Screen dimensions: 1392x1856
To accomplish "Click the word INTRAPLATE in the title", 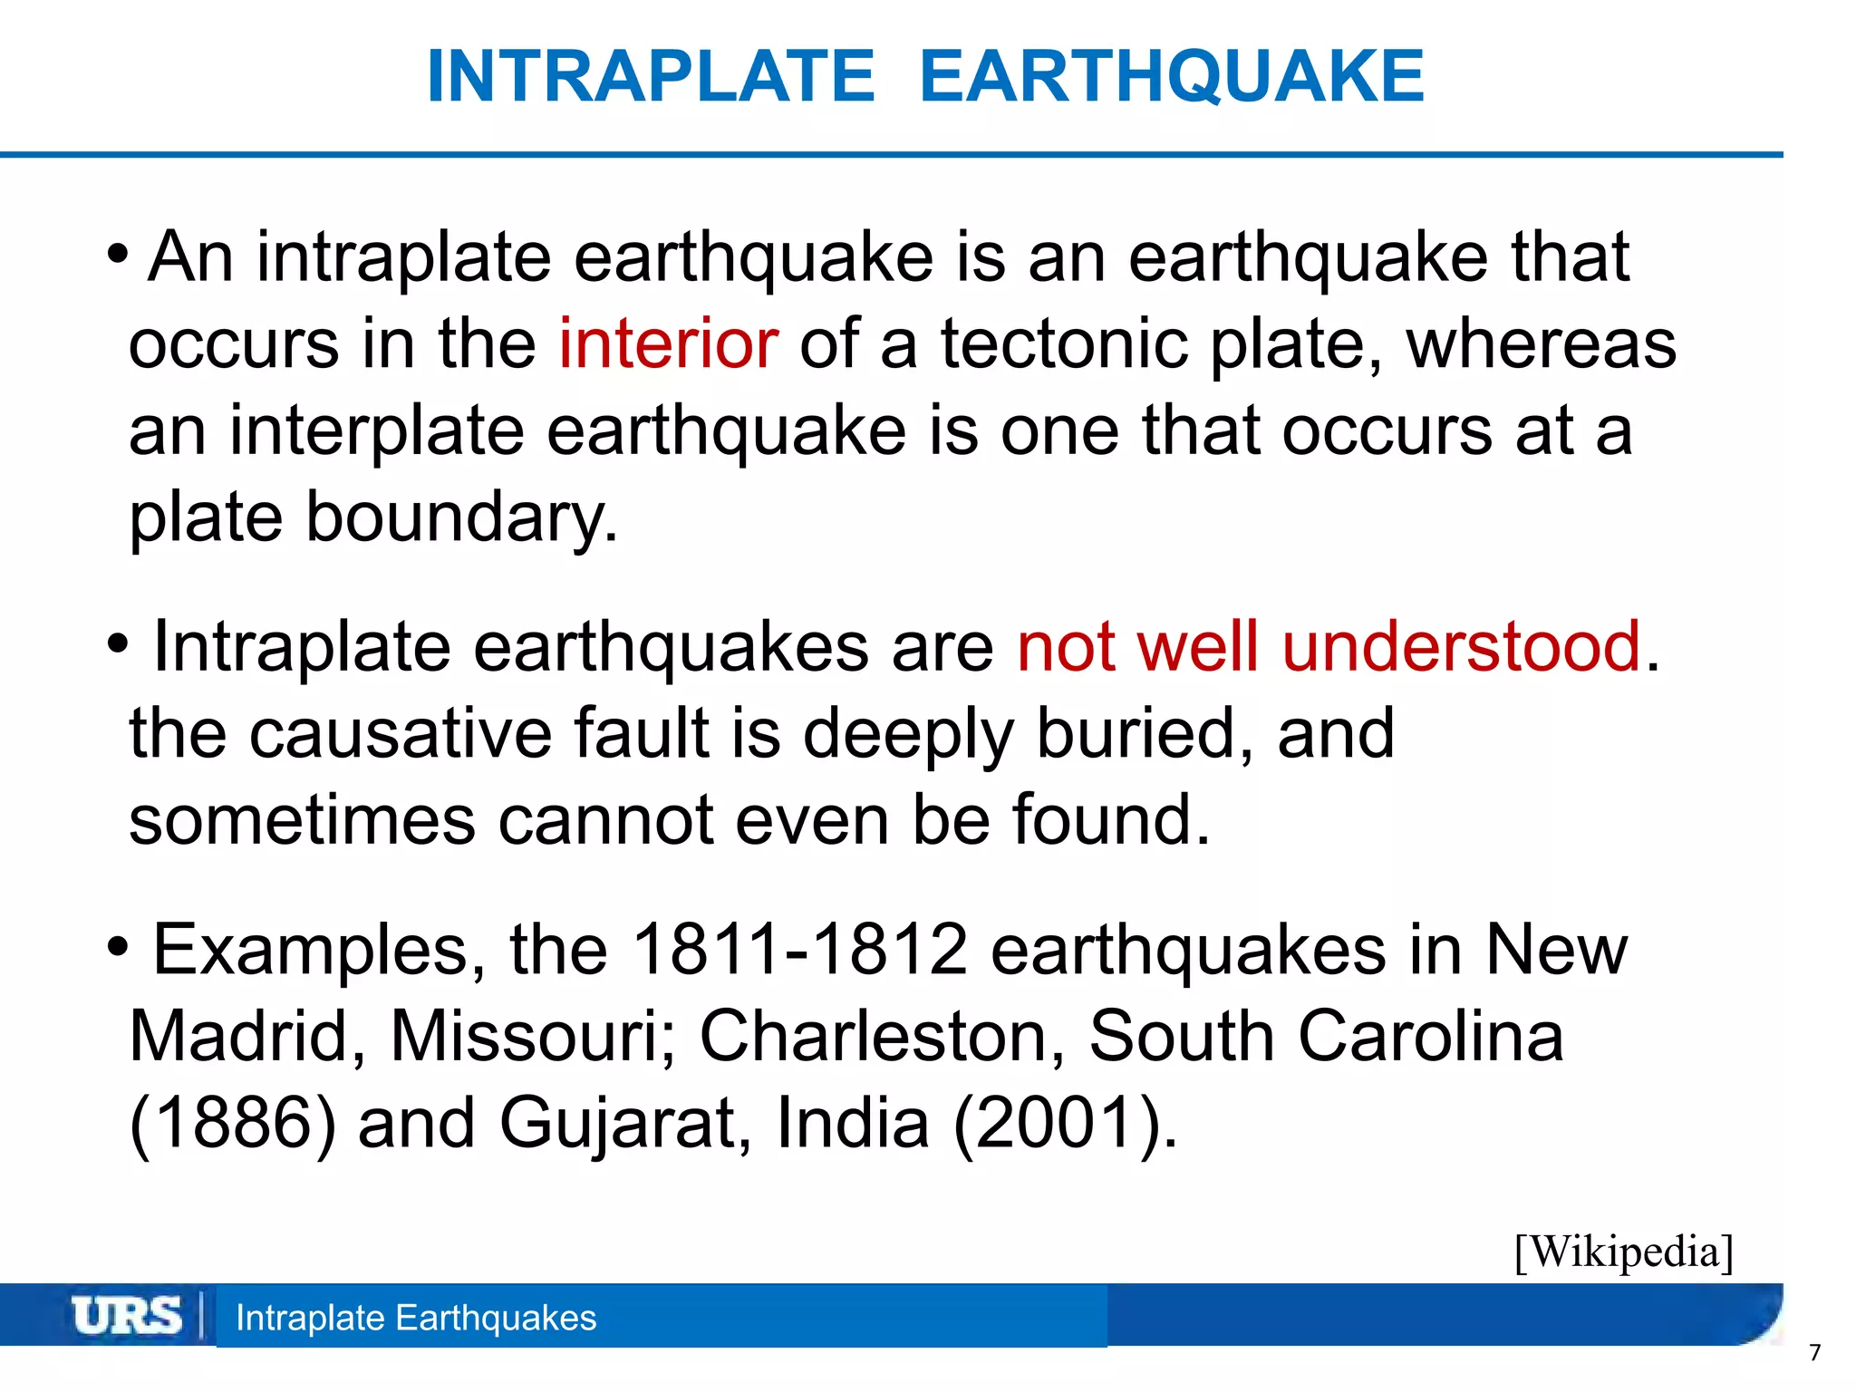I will pos(651,76).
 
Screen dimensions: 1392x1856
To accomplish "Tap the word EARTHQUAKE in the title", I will pos(1172,76).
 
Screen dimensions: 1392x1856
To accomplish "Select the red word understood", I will pos(1461,646).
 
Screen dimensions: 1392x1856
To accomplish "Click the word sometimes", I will pos(302,819).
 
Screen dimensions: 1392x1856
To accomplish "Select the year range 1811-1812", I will pos(799,950).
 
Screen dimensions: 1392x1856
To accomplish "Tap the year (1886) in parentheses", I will pos(233,1123).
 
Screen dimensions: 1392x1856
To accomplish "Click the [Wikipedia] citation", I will pos(1623,1252).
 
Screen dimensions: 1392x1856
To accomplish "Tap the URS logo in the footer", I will pos(127,1316).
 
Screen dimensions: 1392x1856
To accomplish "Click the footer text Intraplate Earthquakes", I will pos(416,1318).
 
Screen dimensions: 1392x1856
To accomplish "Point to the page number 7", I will pos(1814,1353).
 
